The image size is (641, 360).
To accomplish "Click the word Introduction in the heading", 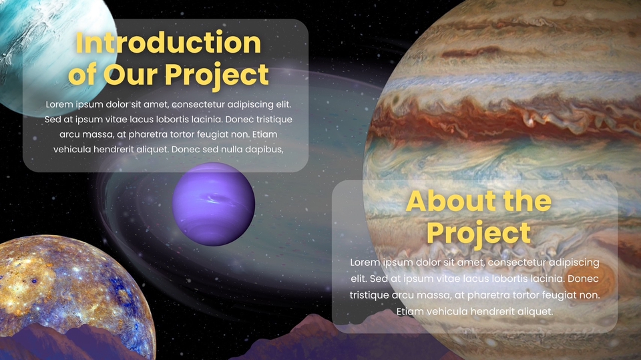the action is click(168, 43).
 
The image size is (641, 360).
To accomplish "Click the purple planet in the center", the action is click(214, 204).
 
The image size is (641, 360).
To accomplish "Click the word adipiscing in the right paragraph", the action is click(574, 262).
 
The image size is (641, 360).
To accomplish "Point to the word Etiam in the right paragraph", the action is click(410, 311).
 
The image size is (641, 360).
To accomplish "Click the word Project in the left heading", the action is click(216, 75).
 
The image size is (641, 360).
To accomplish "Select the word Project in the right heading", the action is click(479, 233).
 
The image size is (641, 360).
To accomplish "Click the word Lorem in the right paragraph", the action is click(363, 262).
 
